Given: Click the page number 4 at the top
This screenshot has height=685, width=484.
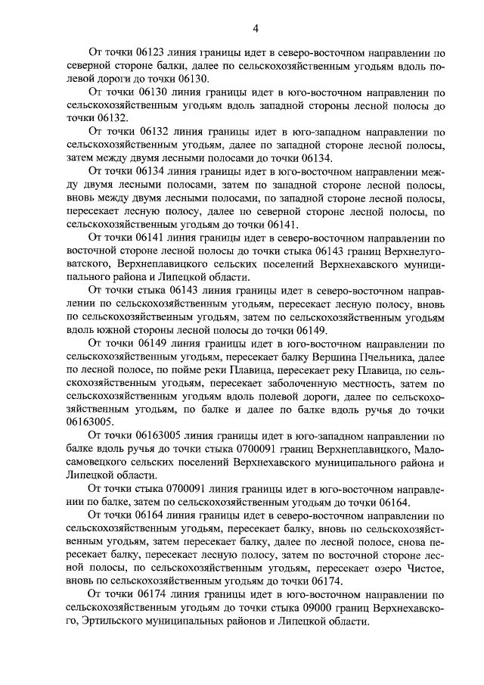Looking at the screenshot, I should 256,29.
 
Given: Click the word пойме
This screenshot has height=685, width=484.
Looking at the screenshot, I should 164,369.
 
